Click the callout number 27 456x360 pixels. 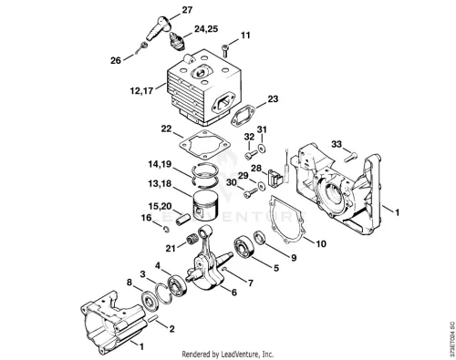187,10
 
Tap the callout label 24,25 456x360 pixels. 206,29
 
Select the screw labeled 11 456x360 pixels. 225,50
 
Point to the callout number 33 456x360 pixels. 337,144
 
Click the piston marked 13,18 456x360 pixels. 206,206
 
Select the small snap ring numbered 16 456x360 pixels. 167,230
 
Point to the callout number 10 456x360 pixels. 321,243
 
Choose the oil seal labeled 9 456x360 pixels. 260,237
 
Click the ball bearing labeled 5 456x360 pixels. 244,249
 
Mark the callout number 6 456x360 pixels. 234,293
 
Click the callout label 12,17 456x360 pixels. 141,90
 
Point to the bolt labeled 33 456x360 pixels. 351,158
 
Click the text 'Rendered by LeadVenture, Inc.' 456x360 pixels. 228,355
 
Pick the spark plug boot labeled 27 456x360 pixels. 158,27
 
